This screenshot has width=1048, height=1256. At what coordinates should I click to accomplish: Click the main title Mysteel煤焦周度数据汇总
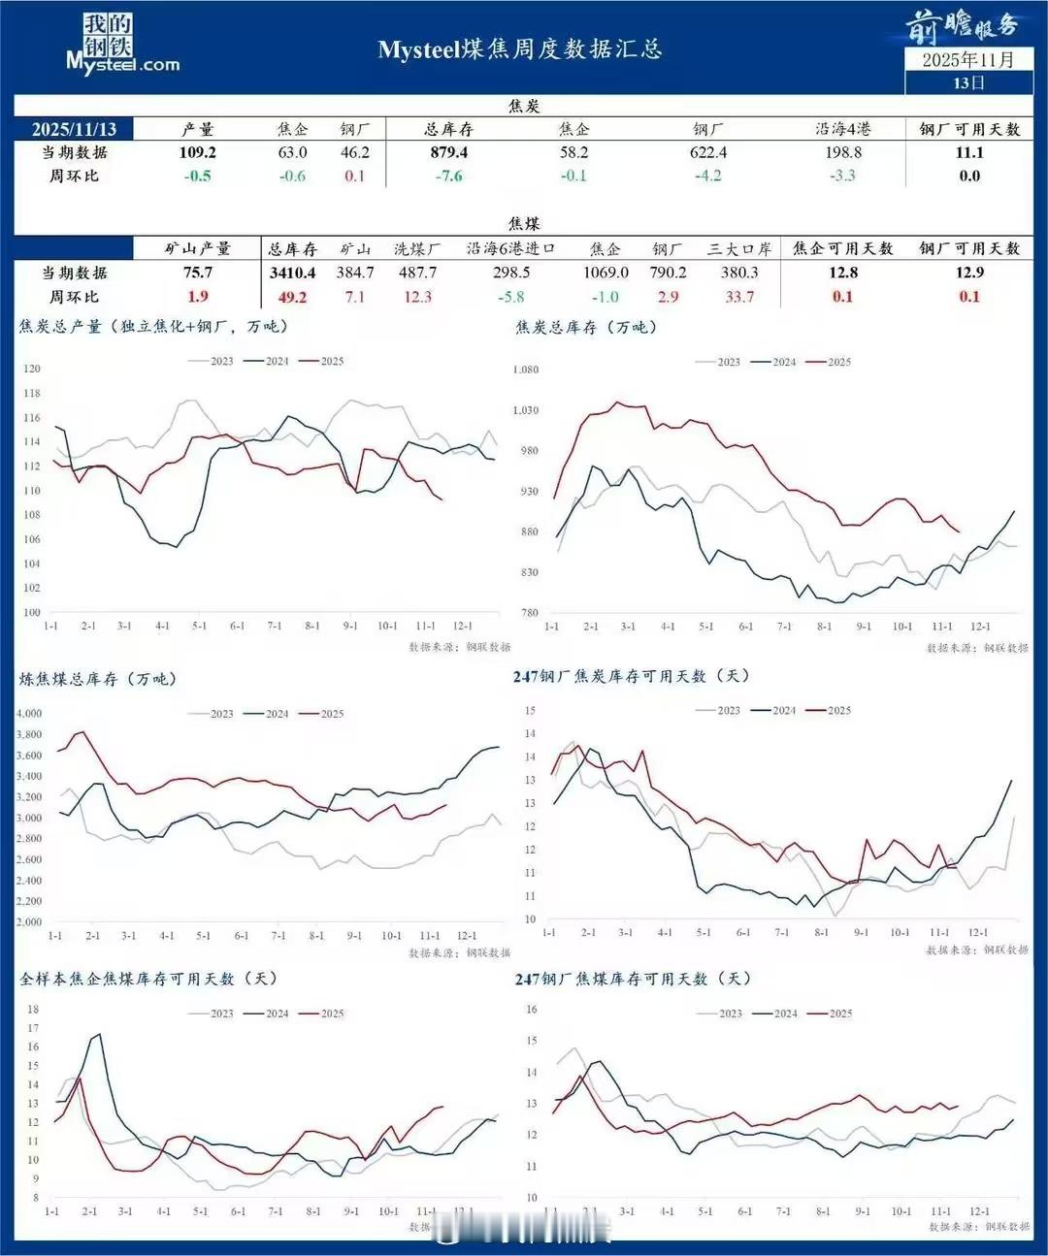[x=520, y=49]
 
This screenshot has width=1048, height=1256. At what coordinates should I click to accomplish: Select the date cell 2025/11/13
[x=74, y=129]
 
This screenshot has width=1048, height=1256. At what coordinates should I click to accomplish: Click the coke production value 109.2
[x=198, y=152]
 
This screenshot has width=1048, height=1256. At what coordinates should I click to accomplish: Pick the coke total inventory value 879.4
[x=448, y=152]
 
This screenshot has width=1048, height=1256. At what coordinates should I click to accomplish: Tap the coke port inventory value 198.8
[x=842, y=152]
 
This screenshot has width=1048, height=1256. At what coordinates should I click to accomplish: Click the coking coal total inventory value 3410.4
[x=292, y=273]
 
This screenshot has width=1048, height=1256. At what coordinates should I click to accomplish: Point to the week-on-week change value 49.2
[x=292, y=297]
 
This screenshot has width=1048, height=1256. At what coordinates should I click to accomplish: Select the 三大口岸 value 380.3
[x=739, y=273]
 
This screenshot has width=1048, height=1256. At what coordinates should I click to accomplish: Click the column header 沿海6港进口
[x=511, y=248]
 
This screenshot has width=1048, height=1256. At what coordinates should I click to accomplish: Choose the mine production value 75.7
[x=198, y=273]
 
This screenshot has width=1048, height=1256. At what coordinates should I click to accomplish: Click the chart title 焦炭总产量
[x=155, y=327]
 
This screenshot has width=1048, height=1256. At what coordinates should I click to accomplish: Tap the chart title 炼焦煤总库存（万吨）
[x=98, y=679]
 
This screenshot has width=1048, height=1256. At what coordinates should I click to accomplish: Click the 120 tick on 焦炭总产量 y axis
[x=32, y=369]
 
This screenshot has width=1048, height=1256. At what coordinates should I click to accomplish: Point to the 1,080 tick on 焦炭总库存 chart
[x=525, y=370]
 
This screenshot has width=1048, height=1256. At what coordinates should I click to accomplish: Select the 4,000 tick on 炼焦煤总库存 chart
[x=29, y=713]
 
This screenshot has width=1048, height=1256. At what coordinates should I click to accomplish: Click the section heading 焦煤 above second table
[x=524, y=223]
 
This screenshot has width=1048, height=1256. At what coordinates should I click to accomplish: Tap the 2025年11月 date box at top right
[x=967, y=60]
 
